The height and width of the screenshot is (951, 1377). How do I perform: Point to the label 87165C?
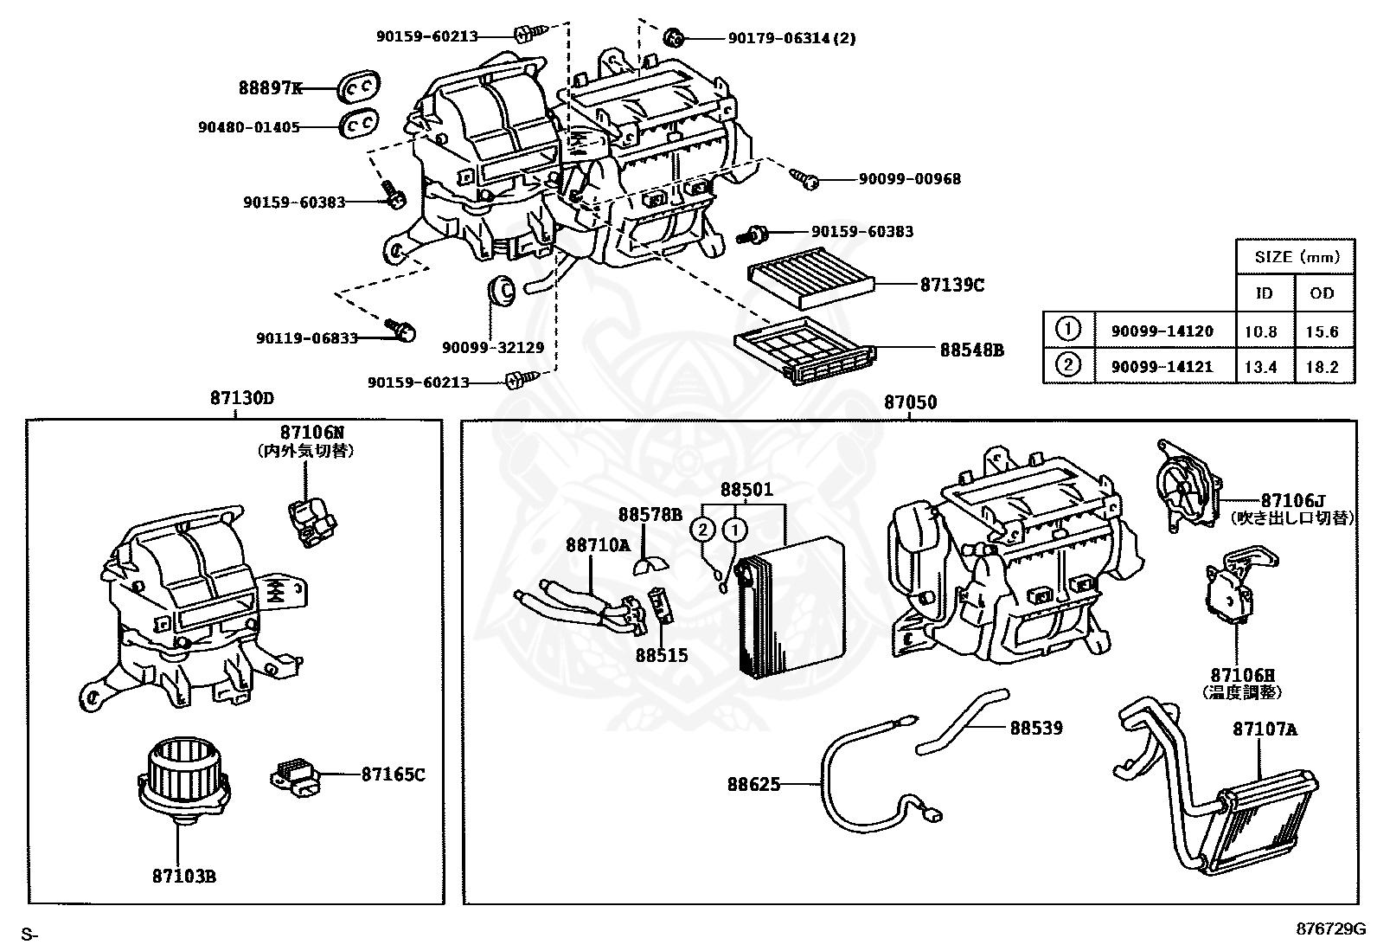point(393,774)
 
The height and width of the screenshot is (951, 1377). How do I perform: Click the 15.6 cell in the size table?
point(1322,331)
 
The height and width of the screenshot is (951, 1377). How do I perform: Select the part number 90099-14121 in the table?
point(1156,366)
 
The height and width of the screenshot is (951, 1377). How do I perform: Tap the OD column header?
point(1322,293)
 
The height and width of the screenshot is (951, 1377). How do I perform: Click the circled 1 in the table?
point(1069,330)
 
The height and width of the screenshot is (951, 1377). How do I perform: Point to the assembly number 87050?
point(909,402)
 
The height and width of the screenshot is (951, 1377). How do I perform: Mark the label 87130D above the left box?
point(241,398)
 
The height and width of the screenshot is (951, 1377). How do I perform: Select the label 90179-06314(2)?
point(791,38)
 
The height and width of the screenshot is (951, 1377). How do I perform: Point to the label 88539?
point(1036,728)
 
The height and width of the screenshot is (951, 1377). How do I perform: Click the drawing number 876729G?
point(1329,929)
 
